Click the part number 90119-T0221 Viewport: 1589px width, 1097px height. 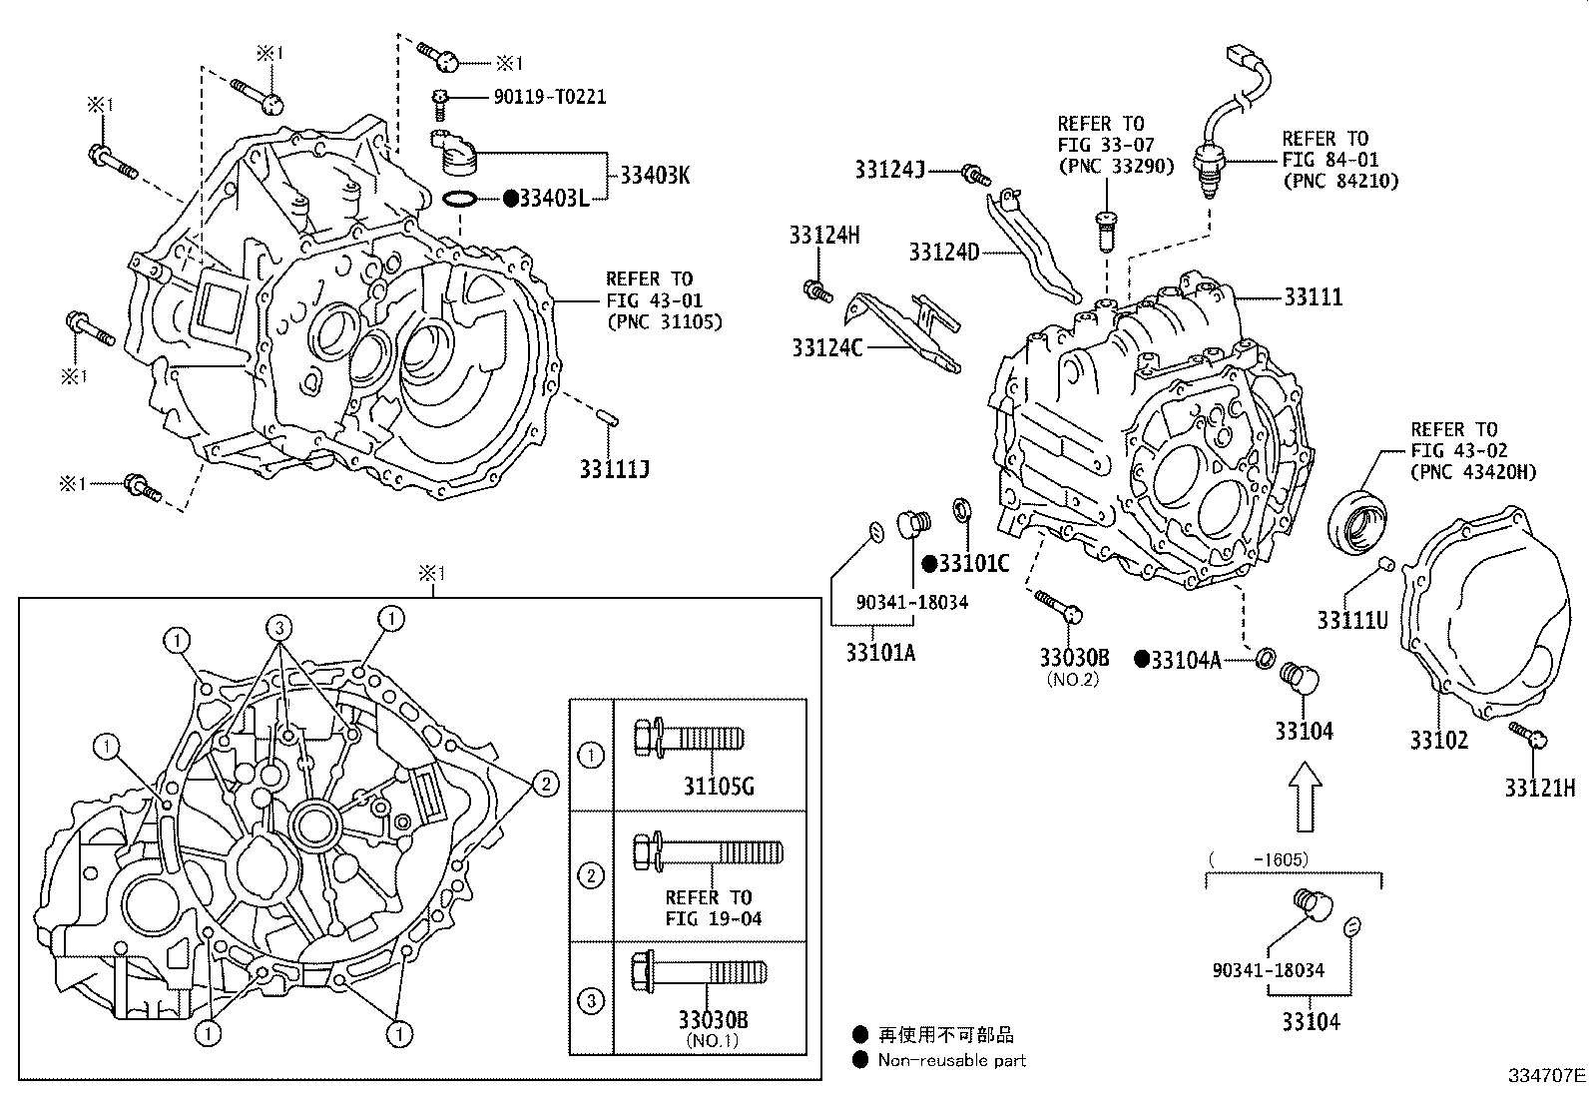[549, 97]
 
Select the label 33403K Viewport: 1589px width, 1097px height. [655, 176]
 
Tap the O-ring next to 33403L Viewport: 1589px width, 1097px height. [458, 200]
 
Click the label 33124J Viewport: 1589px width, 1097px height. [889, 170]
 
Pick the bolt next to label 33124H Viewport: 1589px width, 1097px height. [817, 291]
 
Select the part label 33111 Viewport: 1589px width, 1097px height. [1313, 297]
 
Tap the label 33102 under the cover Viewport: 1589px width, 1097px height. [1438, 740]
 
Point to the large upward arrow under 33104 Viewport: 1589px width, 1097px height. [1306, 797]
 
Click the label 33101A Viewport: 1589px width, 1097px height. [879, 653]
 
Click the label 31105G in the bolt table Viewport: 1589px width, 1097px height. [718, 787]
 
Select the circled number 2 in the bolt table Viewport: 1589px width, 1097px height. [591, 876]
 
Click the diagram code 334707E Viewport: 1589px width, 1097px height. [1545, 1076]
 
